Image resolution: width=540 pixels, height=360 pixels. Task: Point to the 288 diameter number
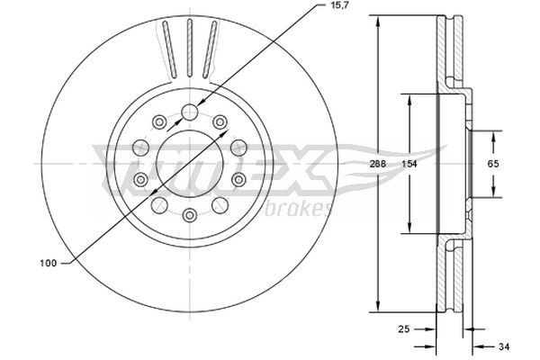[x=378, y=165]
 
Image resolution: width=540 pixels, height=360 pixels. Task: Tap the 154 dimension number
[x=410, y=165]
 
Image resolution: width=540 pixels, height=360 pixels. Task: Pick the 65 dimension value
[x=494, y=165]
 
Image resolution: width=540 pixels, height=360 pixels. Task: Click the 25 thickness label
[x=406, y=329]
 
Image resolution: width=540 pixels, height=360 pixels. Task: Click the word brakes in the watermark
[x=301, y=209]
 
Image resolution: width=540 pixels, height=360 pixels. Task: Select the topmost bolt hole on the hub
[x=190, y=112]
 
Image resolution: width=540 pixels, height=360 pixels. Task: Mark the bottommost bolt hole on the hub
[x=190, y=215]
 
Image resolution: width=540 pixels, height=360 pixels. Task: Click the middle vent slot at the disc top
[x=190, y=49]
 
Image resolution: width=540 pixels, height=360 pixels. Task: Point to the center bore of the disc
[x=190, y=164]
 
